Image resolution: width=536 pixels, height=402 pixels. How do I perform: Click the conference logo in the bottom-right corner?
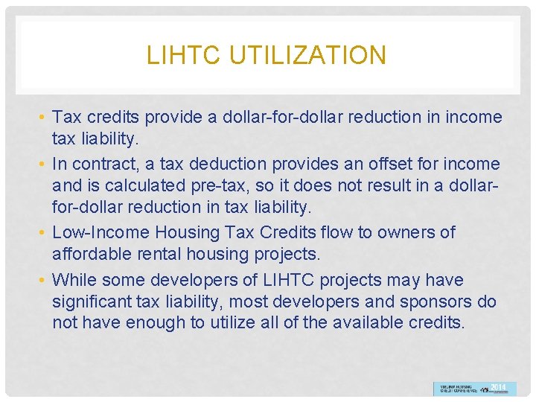tap(474, 388)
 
